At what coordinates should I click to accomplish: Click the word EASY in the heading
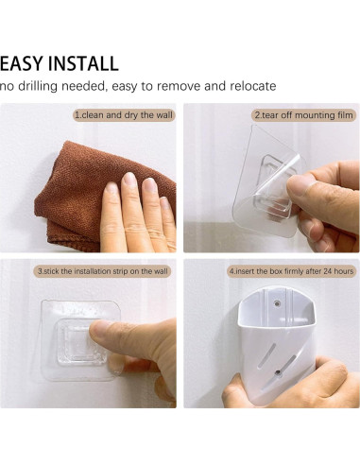(x=18, y=64)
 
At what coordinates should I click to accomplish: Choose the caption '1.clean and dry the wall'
(x=124, y=114)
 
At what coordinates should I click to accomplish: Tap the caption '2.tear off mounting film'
(x=302, y=114)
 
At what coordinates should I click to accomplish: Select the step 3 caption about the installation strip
(x=103, y=271)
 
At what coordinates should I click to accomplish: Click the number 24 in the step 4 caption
(x=327, y=271)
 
